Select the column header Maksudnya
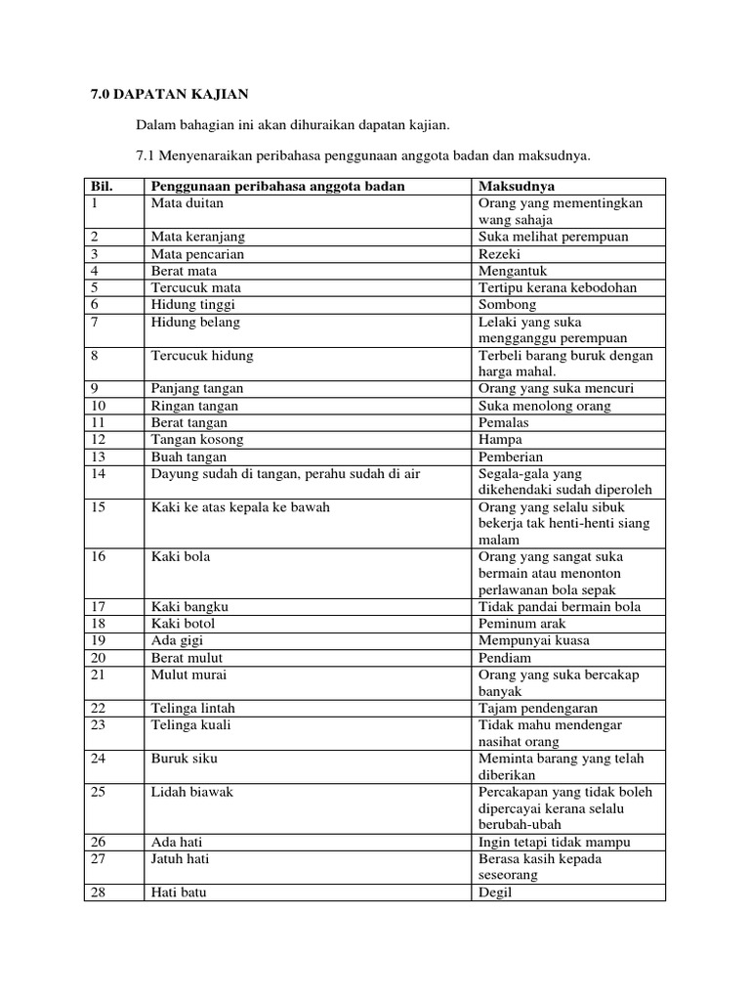pos(516,186)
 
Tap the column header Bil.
pos(102,186)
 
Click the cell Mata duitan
pos(187,203)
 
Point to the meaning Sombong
pos(507,305)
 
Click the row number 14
pos(98,473)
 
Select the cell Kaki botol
pos(184,624)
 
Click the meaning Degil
pos(495,892)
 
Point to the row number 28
pos(98,892)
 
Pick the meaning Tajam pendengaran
pos(538,708)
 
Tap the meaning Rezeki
pos(500,254)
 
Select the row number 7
pos(95,322)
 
